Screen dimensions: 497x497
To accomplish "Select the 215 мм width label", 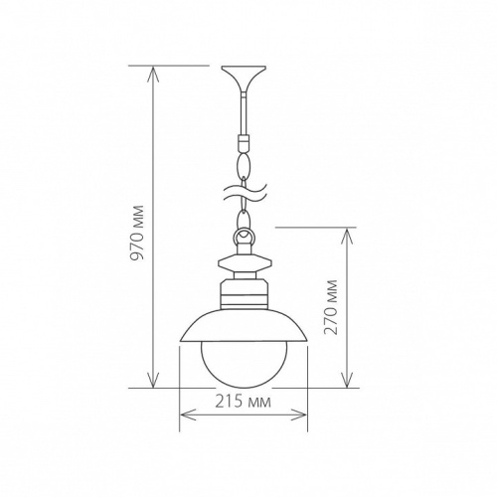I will [244, 403].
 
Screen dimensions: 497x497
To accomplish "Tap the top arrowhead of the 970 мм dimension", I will [152, 71].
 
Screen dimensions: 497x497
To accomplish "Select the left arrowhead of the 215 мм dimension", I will [183, 416].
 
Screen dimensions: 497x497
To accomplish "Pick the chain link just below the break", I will [243, 213].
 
